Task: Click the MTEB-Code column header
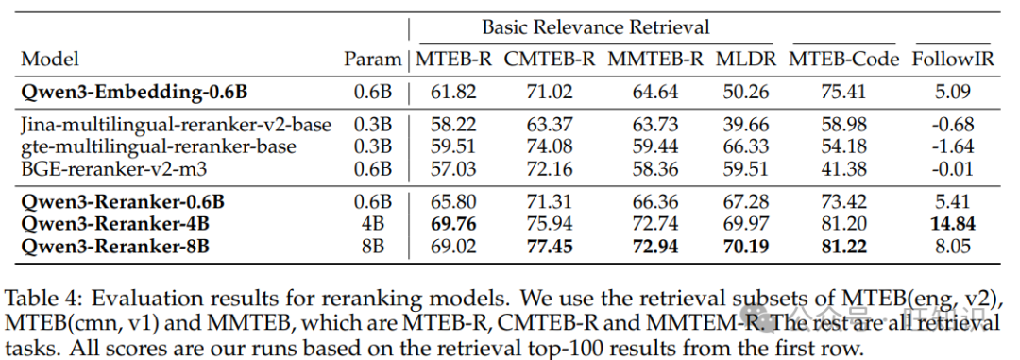[x=843, y=59]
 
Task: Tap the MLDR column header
[x=746, y=59]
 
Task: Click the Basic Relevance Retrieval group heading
[x=596, y=27]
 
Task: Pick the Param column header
[x=372, y=59]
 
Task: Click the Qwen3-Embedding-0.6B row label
[x=134, y=92]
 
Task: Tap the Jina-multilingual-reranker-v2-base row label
[x=177, y=125]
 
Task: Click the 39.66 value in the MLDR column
[x=746, y=125]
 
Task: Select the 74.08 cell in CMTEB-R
[x=550, y=146]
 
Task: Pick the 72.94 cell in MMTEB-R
[x=655, y=246]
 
